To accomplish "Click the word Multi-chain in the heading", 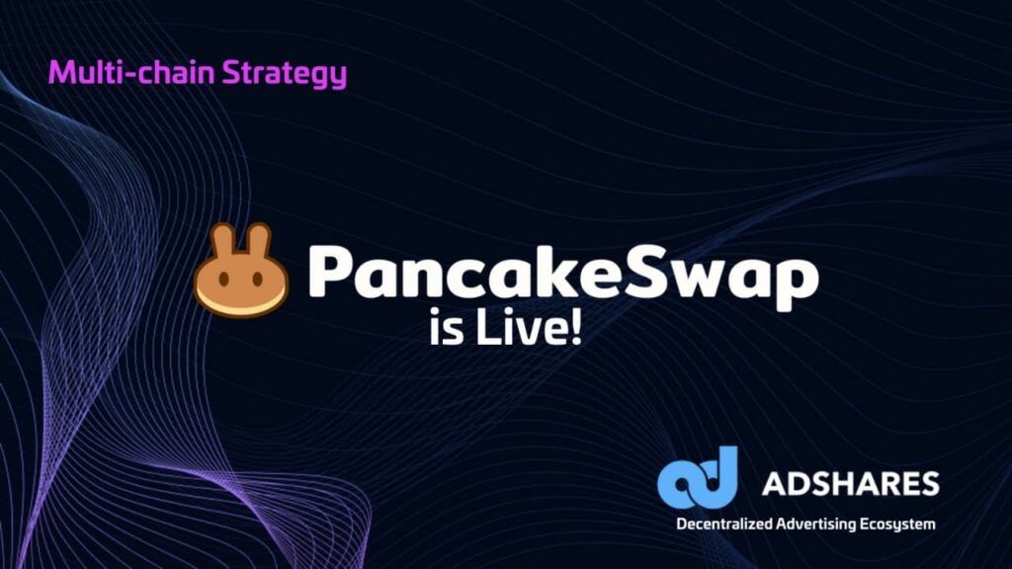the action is click(x=131, y=71).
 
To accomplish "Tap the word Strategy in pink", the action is click(x=285, y=74).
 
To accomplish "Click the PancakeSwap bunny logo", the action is click(x=241, y=271).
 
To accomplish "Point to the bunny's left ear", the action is click(x=223, y=243).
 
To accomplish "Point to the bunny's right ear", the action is click(x=258, y=243).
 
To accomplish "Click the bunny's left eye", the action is click(x=223, y=280).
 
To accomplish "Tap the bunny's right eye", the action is click(x=258, y=280).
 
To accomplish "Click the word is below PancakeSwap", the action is click(x=447, y=329).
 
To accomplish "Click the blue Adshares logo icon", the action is click(x=698, y=477).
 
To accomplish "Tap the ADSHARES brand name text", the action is click(x=851, y=483).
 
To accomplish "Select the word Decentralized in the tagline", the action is click(x=724, y=524).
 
